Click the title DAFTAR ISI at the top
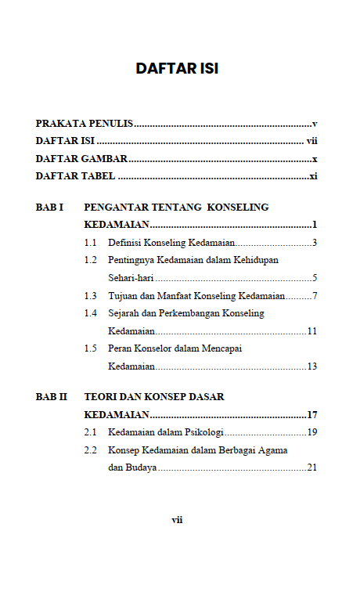(177, 68)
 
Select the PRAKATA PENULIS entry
(85, 124)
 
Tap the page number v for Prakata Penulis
(314, 124)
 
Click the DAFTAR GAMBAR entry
(81, 159)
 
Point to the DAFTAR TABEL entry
(76, 176)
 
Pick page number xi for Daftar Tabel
(312, 176)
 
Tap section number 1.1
(91, 243)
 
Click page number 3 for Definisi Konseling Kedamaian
(314, 243)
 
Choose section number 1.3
(91, 296)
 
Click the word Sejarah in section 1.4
(125, 313)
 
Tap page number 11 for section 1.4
(311, 331)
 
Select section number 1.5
(91, 348)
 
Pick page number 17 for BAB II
(311, 415)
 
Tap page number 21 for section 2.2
(311, 467)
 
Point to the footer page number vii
(177, 519)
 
